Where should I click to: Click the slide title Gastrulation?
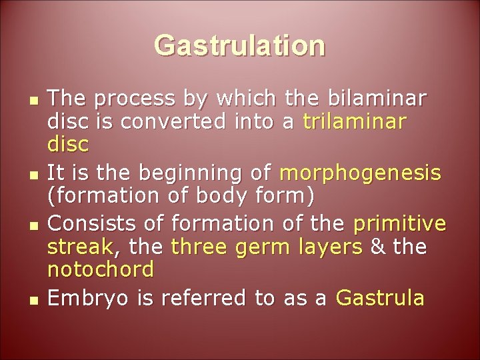point(240,46)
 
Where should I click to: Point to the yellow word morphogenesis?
point(361,173)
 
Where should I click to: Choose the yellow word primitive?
point(399,222)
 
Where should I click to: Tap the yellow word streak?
point(81,247)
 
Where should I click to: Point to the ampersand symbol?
point(377,247)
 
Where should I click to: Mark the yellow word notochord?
point(101,270)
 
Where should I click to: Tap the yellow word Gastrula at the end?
point(379,297)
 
